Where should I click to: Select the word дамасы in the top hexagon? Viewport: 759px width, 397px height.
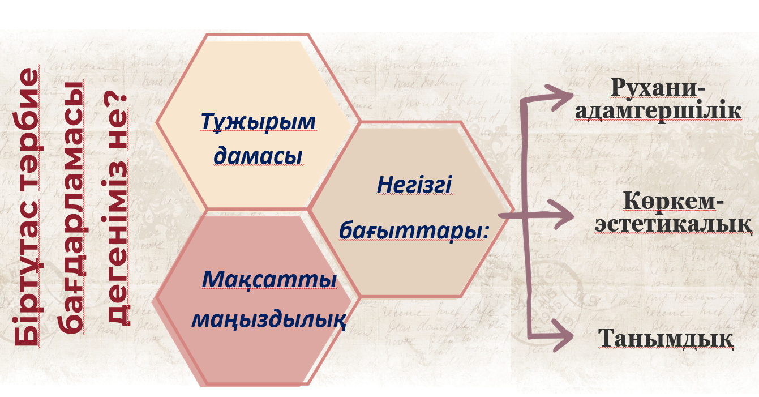pos(258,156)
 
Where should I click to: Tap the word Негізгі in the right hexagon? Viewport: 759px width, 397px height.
pos(414,186)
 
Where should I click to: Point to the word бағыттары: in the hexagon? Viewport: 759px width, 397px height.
pos(414,230)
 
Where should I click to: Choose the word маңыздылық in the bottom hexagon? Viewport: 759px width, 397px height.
pos(269,319)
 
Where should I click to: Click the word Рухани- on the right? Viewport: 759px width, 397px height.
pos(658,87)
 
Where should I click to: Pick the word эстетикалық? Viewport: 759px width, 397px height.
pos(674,224)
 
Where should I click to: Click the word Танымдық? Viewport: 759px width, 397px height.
pos(666,339)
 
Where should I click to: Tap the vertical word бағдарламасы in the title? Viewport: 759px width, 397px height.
pos(71,207)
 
